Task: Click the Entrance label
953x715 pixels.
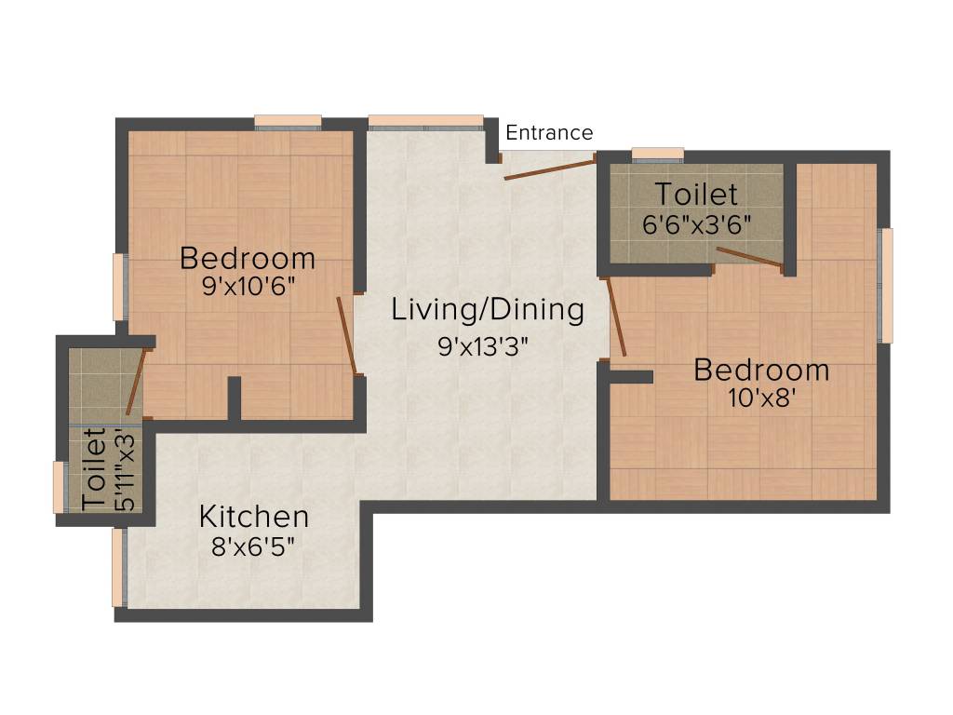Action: click(548, 133)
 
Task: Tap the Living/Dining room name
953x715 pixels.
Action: click(488, 310)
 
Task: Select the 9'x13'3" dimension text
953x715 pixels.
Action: click(483, 347)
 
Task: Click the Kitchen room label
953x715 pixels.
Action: click(254, 516)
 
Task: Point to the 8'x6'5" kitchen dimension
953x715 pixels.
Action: click(253, 546)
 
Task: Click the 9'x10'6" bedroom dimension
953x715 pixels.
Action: click(248, 287)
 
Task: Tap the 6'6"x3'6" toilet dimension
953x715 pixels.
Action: click(697, 225)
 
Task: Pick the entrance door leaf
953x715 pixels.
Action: click(548, 169)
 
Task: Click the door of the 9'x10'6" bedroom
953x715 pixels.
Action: click(346, 335)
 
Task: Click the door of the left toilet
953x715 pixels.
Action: click(136, 381)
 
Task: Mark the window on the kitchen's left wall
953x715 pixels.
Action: click(118, 567)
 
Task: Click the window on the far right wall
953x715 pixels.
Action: click(887, 285)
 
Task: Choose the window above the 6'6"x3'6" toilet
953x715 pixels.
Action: click(657, 154)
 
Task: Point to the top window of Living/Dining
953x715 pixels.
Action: click(425, 121)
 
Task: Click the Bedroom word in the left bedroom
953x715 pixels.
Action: click(248, 258)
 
